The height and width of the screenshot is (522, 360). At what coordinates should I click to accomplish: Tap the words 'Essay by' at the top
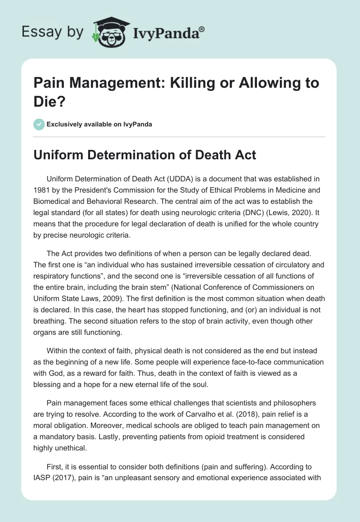[53, 32]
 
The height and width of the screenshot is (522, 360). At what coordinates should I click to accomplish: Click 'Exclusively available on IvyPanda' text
[99, 124]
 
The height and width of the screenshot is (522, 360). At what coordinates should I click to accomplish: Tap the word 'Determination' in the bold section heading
[122, 155]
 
